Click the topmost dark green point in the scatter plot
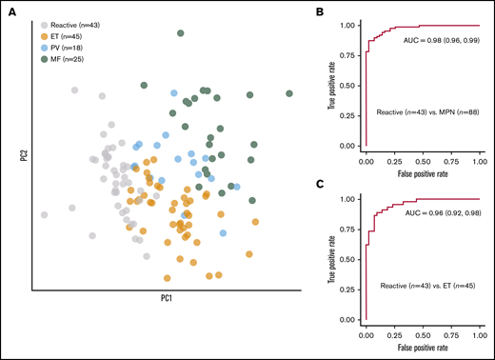(x=181, y=33)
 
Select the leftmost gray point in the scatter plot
(x=43, y=214)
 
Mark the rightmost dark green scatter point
(x=288, y=93)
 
